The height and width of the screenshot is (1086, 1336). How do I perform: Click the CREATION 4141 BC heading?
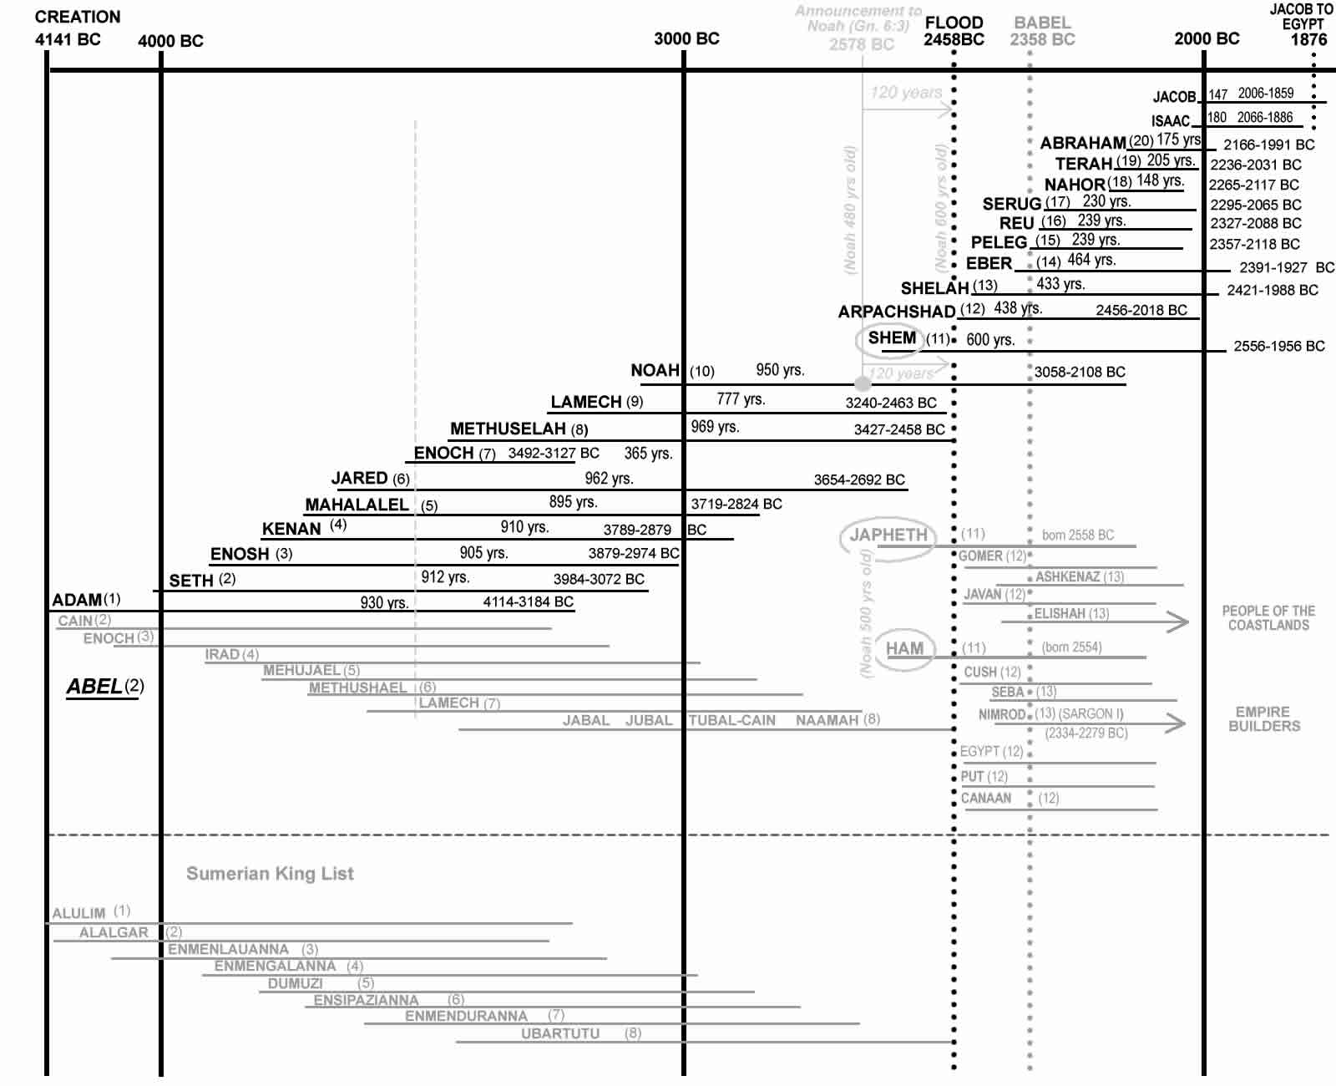pyautogui.click(x=76, y=28)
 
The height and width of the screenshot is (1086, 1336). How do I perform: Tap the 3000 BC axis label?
pyautogui.click(x=686, y=38)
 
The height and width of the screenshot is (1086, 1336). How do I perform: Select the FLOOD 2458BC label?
pyautogui.click(x=954, y=31)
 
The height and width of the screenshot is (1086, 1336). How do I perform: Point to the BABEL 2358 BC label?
pyautogui.click(x=1042, y=31)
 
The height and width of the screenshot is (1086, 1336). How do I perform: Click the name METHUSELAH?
pyautogui.click(x=508, y=429)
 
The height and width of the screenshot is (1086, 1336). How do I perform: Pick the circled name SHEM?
pyautogui.click(x=892, y=338)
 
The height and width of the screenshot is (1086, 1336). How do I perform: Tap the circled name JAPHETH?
pyautogui.click(x=888, y=535)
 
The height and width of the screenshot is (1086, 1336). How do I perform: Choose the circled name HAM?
pyautogui.click(x=904, y=648)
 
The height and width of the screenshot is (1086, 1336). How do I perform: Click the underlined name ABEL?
pyautogui.click(x=94, y=687)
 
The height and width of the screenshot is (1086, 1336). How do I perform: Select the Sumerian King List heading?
pyautogui.click(x=270, y=874)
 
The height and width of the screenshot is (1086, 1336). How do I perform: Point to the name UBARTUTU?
pyautogui.click(x=560, y=1033)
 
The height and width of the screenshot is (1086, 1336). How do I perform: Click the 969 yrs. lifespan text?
pyautogui.click(x=715, y=427)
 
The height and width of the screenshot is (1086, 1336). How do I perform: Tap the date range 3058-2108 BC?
pyautogui.click(x=1080, y=372)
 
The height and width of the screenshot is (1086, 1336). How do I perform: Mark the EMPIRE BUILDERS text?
pyautogui.click(x=1264, y=718)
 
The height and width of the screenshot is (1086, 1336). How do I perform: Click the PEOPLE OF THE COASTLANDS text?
pyautogui.click(x=1268, y=618)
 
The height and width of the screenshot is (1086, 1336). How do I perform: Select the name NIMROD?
pyautogui.click(x=1001, y=714)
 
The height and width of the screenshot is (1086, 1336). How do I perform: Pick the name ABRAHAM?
pyautogui.click(x=1083, y=143)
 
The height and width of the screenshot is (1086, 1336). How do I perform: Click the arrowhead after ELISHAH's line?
pyautogui.click(x=1178, y=622)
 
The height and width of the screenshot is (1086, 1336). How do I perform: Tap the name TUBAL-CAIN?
pyautogui.click(x=732, y=720)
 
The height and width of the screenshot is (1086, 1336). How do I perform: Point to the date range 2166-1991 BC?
pyautogui.click(x=1268, y=145)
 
